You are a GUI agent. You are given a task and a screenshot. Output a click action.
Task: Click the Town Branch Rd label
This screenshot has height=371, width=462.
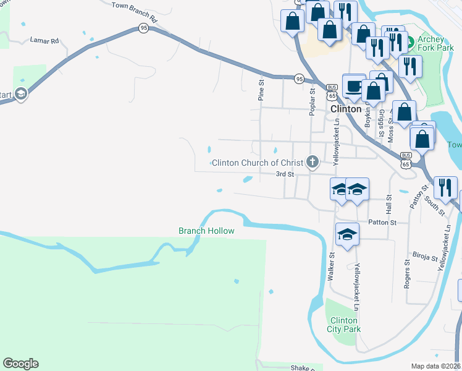point(135,12)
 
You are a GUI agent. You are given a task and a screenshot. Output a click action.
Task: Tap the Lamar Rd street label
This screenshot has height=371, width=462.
point(44,40)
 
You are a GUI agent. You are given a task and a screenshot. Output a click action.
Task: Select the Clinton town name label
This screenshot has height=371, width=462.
point(346,109)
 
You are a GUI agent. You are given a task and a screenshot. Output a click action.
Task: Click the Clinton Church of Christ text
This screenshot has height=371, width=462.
point(258,163)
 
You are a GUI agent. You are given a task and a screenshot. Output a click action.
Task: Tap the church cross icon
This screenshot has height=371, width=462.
point(313,163)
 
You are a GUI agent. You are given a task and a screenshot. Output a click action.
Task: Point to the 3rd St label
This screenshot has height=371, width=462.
point(284,174)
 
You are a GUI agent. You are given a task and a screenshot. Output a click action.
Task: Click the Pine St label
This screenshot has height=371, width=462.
point(261,90)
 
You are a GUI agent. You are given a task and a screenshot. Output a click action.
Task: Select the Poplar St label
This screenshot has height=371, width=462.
point(313,101)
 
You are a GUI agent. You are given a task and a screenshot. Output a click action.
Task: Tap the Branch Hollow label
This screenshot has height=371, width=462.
point(206,231)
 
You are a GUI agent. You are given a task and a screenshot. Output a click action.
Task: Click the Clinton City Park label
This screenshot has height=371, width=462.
point(343,325)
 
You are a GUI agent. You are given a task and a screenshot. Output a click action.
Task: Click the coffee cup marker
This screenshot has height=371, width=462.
point(354,87)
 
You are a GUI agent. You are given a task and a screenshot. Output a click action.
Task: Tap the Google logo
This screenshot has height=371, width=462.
point(20,364)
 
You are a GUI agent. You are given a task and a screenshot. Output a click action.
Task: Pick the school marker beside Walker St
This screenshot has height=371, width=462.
point(347,236)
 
